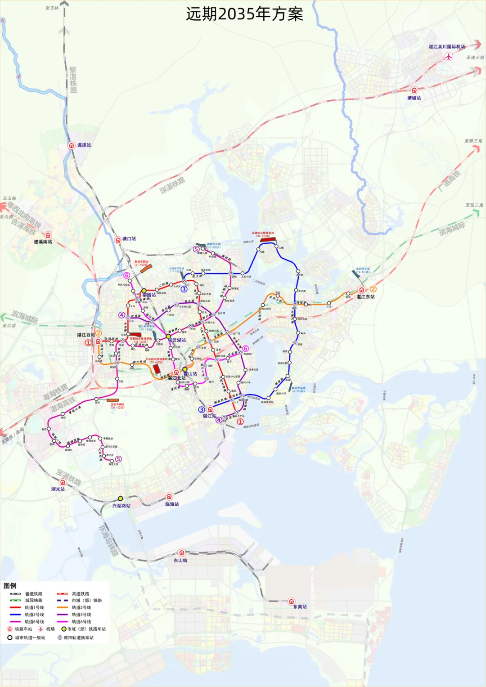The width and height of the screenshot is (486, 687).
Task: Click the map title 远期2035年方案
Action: (244, 14)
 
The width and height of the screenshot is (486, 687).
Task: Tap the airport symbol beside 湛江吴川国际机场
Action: (448, 56)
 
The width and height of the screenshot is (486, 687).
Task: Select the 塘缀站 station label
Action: (414, 98)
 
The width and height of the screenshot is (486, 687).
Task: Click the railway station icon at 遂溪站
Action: (71, 145)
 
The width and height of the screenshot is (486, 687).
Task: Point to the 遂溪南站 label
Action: (43, 242)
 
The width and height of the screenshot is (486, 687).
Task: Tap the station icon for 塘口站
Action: (118, 239)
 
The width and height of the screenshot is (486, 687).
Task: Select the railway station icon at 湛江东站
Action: (361, 290)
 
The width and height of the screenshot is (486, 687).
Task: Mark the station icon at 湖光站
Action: (63, 482)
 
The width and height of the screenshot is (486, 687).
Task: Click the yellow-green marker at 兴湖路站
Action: (121, 498)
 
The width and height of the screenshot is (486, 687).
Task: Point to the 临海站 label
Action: (172, 504)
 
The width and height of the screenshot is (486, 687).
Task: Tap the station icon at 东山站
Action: (181, 553)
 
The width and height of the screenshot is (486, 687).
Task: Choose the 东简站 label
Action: (300, 606)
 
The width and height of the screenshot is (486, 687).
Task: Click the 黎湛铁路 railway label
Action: (73, 80)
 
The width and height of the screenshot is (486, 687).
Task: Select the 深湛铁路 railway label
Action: (172, 186)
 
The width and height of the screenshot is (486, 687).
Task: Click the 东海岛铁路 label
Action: (108, 539)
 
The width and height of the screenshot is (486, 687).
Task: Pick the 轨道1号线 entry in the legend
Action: (34, 607)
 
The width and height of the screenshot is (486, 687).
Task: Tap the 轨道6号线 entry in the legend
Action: (81, 622)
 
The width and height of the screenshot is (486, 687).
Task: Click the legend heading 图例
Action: (10, 586)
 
